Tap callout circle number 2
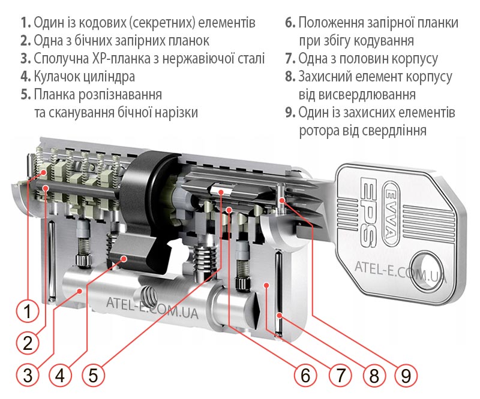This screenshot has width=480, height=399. coord(27,343)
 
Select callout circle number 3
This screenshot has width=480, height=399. coord(27,375)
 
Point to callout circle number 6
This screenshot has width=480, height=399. coord(305,375)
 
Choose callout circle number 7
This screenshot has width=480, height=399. coord(340,375)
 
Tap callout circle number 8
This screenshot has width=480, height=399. coord(373,375)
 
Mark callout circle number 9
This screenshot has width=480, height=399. coord(406,375)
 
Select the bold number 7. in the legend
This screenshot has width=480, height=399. coord(290,59)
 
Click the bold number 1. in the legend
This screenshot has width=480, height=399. coord(25,23)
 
